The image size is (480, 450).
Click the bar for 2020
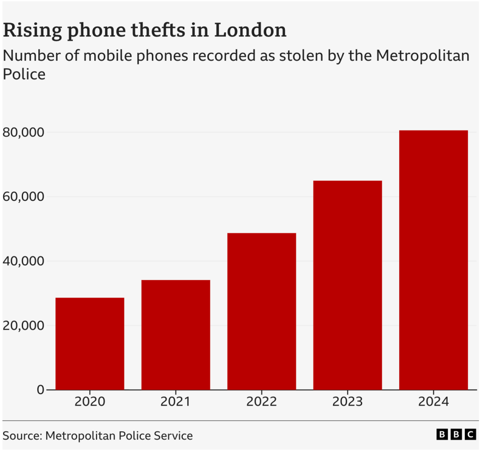click(90, 343)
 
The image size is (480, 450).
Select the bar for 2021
click(176, 335)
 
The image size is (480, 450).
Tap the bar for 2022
click(261, 311)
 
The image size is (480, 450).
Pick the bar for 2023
click(348, 285)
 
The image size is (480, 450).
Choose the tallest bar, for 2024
click(433, 260)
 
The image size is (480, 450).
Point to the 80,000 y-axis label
click(23, 132)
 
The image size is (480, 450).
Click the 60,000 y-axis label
click(23, 197)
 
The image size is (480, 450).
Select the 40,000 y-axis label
click(23, 261)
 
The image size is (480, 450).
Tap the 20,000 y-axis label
click(23, 326)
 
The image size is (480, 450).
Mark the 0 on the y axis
click(40, 390)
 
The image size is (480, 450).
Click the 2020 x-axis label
click(90, 402)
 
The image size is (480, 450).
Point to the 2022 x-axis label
click(261, 402)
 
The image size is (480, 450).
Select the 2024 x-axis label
click(433, 402)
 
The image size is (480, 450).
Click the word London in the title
click(250, 30)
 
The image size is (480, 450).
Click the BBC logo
click(456, 434)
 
